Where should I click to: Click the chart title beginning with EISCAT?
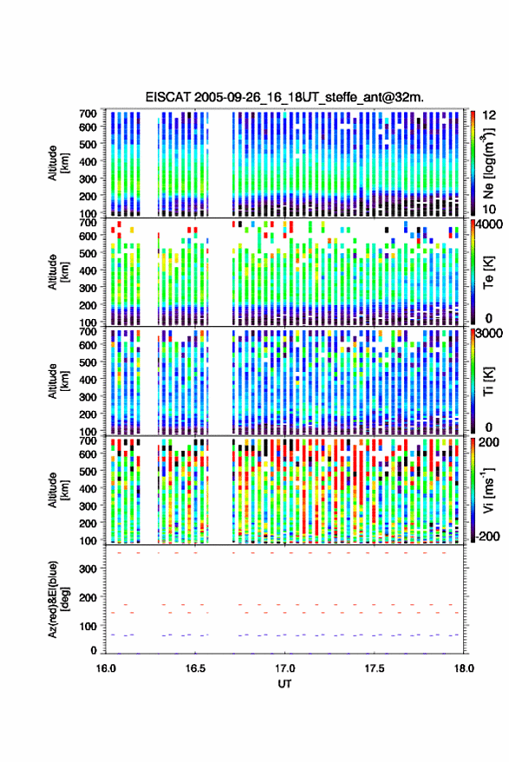[284, 97]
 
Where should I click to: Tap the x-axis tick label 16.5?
[195, 668]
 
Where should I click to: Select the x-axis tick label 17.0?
[284, 668]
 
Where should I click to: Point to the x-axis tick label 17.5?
[375, 668]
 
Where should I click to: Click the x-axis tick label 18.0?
[464, 668]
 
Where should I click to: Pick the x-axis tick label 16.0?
[106, 668]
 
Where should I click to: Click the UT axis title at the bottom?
[284, 684]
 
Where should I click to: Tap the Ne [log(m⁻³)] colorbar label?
[489, 163]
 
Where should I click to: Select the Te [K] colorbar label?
[488, 272]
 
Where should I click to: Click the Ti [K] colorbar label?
[488, 381]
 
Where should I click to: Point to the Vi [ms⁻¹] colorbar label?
[489, 490]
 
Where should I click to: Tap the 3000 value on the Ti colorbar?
[489, 334]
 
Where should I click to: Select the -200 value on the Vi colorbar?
[487, 537]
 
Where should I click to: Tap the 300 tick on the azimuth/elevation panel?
[88, 569]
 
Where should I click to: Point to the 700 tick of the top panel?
[88, 114]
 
